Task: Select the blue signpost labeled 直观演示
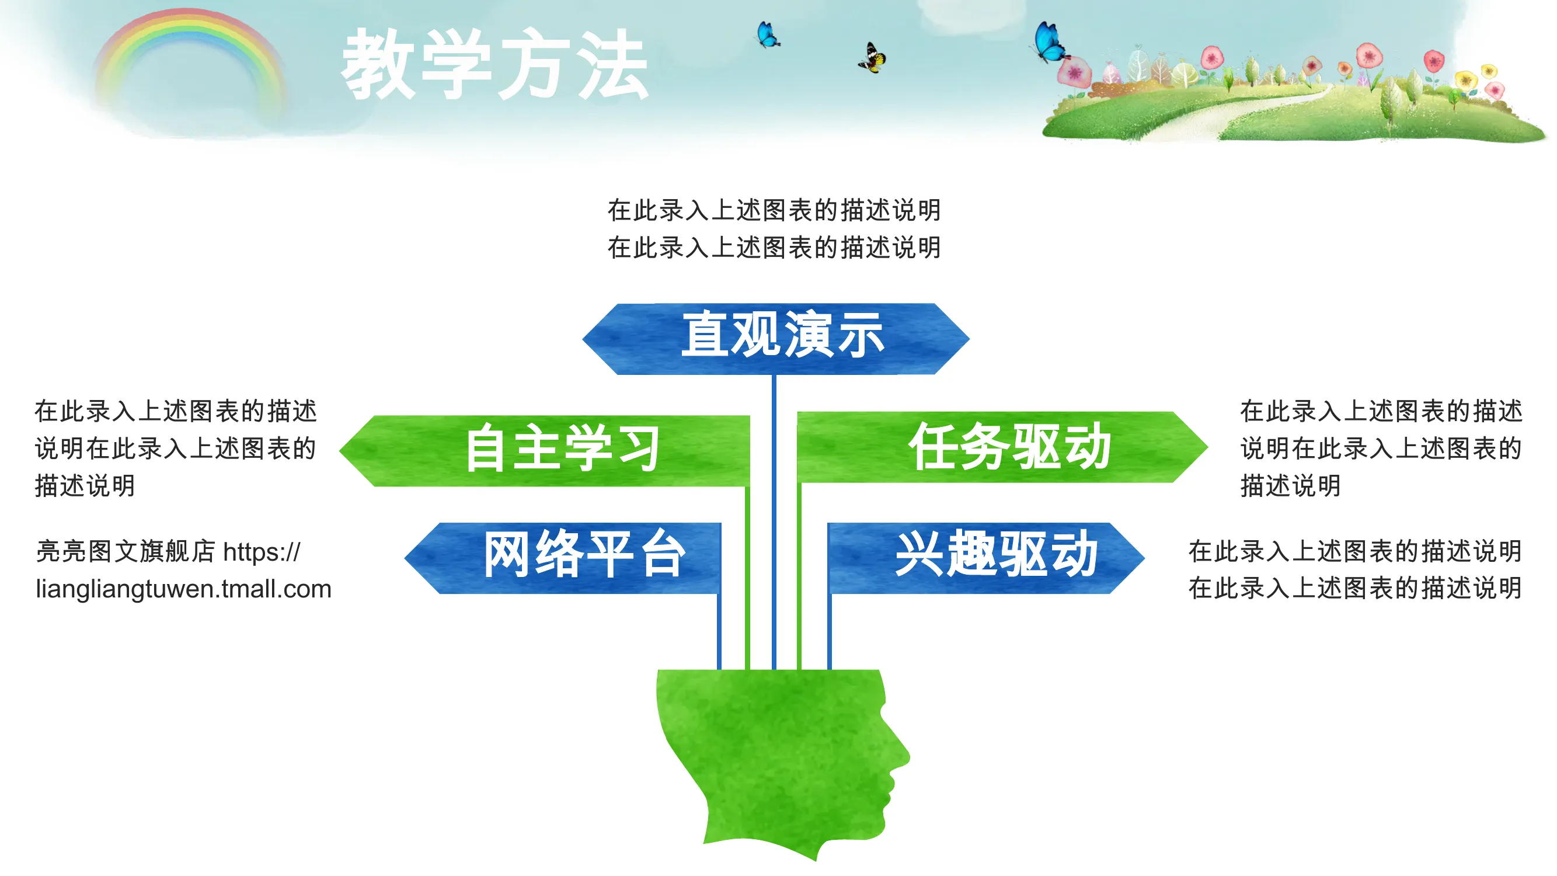coord(775,339)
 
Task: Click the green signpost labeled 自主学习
coord(544,450)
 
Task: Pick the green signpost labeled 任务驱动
coord(1003,447)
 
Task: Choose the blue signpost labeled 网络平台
coord(563,557)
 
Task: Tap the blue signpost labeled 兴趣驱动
coord(986,557)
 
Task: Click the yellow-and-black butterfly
coord(872,58)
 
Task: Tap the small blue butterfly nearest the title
coord(768,34)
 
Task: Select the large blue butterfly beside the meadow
coord(1050,42)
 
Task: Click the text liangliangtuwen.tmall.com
coord(184,589)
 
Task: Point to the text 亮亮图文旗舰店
coord(126,551)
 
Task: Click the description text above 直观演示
coord(774,228)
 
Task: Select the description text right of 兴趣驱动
coord(1354,569)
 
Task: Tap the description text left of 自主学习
coord(175,448)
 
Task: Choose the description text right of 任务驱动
coord(1381,448)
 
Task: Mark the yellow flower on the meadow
coord(1466,79)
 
